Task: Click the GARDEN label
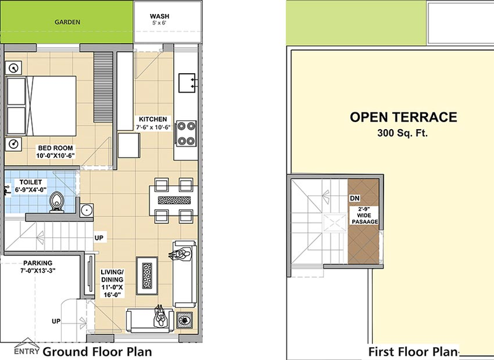[x=67, y=22]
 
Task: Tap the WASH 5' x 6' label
[x=160, y=19]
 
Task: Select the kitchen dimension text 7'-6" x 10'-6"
[x=153, y=127]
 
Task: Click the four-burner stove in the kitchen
[x=186, y=134]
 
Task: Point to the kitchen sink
[x=187, y=83]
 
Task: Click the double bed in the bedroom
[x=41, y=106]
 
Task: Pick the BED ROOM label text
[x=55, y=148]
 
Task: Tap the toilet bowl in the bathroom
[x=57, y=202]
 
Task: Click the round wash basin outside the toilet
[x=86, y=210]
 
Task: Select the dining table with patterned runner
[x=174, y=200]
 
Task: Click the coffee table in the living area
[x=147, y=276]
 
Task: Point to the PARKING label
[x=38, y=263]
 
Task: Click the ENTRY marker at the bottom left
[x=27, y=347]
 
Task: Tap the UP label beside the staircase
[x=99, y=238]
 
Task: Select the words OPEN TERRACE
[x=403, y=117]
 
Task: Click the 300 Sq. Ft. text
[x=402, y=133]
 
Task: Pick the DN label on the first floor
[x=355, y=198]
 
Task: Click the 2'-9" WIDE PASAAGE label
[x=364, y=216]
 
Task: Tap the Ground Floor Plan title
[x=97, y=352]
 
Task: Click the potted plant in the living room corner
[x=184, y=321]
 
